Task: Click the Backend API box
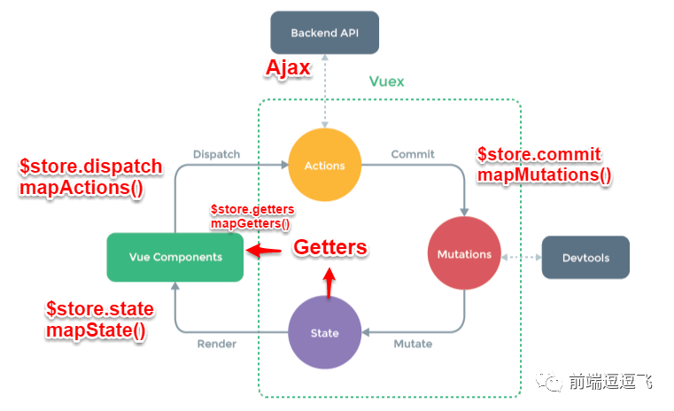pyautogui.click(x=325, y=34)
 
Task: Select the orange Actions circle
pyautogui.click(x=323, y=165)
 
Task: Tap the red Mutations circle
pyautogui.click(x=464, y=254)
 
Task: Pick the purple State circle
pyautogui.click(x=325, y=333)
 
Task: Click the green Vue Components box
pyautogui.click(x=174, y=257)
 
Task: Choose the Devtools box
pyautogui.click(x=585, y=258)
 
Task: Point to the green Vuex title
pyautogui.click(x=386, y=81)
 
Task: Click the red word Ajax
pyautogui.click(x=289, y=69)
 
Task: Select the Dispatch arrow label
pyautogui.click(x=216, y=154)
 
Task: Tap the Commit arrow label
pyautogui.click(x=413, y=154)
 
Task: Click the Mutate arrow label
pyautogui.click(x=413, y=343)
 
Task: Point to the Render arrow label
pyautogui.click(x=216, y=343)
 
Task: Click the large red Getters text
pyautogui.click(x=329, y=248)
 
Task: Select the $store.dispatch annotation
pyautogui.click(x=91, y=167)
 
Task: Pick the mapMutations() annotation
pyautogui.click(x=545, y=174)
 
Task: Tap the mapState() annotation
pyautogui.click(x=97, y=330)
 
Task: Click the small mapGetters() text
pyautogui.click(x=251, y=224)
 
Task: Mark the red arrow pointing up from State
pyautogui.click(x=329, y=283)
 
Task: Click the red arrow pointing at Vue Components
pyautogui.click(x=263, y=252)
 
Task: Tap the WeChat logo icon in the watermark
pyautogui.click(x=553, y=382)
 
